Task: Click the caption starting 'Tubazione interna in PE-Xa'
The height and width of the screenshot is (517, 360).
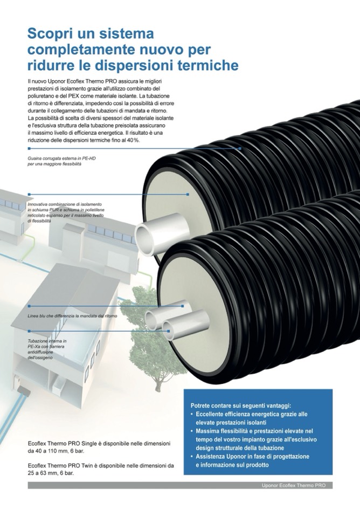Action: pyautogui.click(x=47, y=341)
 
